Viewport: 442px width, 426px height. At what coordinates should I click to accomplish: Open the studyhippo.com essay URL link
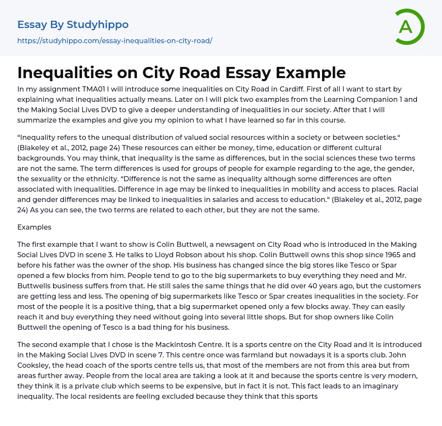(115, 41)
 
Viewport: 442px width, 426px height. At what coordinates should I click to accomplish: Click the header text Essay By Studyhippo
(73, 25)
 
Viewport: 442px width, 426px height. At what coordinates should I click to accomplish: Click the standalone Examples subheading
(34, 227)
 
